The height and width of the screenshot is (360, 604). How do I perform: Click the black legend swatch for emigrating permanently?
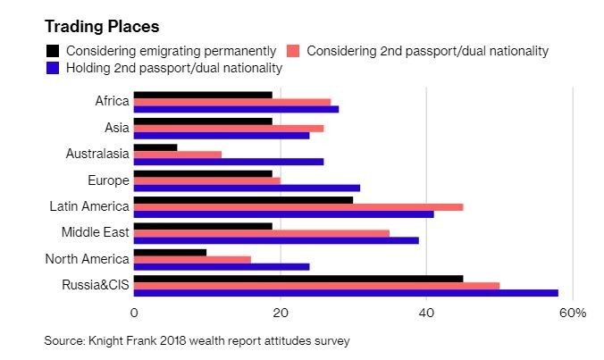pyautogui.click(x=53, y=51)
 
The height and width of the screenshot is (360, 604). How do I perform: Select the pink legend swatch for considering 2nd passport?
pyautogui.click(x=294, y=51)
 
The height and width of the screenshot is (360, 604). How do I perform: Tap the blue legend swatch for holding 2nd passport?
pyautogui.click(x=53, y=67)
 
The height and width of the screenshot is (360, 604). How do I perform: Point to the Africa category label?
pyautogui.click(x=112, y=101)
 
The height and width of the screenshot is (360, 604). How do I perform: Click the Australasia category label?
pyautogui.click(x=97, y=154)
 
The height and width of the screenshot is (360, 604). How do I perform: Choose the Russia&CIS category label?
pyautogui.click(x=95, y=285)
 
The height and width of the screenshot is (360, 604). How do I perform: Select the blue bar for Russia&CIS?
pyautogui.click(x=345, y=292)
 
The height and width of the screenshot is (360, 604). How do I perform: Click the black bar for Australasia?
pyautogui.click(x=155, y=147)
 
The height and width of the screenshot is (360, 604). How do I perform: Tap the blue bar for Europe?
pyautogui.click(x=247, y=188)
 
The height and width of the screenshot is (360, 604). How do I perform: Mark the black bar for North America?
pyautogui.click(x=170, y=252)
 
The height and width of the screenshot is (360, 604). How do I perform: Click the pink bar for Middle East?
pyautogui.click(x=261, y=232)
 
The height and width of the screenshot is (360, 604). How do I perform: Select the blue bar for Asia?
pyautogui.click(x=221, y=135)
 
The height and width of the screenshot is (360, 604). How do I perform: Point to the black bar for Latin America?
pyautogui.click(x=243, y=199)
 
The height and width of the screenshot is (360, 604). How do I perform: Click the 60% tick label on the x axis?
pyautogui.click(x=571, y=314)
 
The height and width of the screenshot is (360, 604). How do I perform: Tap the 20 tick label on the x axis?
pyautogui.click(x=280, y=314)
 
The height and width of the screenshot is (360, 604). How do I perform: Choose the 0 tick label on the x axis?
pyautogui.click(x=134, y=314)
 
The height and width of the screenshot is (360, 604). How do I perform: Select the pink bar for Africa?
pyautogui.click(x=231, y=102)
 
